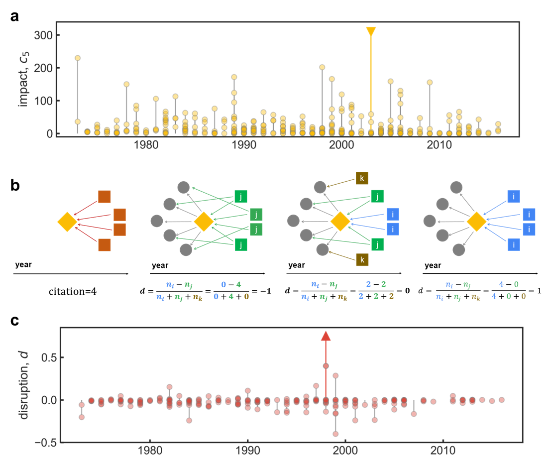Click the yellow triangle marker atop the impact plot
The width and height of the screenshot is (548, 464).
(371, 32)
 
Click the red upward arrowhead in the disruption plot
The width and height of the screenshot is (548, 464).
(326, 337)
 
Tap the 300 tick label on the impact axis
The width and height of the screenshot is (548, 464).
(43, 35)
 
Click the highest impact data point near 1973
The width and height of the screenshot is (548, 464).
(78, 58)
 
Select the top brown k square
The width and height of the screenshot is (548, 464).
(362, 178)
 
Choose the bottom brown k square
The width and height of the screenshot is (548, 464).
(362, 259)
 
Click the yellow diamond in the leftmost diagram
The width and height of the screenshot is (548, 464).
(67, 222)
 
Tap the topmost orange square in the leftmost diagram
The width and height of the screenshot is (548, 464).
(105, 197)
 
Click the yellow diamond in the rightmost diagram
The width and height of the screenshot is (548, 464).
(476, 222)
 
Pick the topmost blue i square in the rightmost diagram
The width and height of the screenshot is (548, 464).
(513, 196)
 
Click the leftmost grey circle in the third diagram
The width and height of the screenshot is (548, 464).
(293, 221)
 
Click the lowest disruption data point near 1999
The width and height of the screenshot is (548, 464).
(335, 434)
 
